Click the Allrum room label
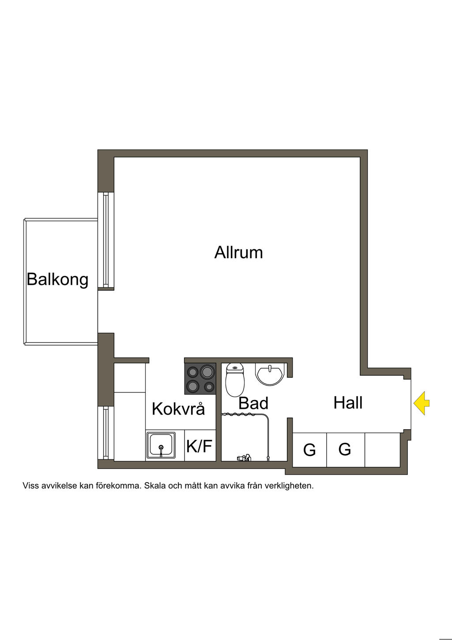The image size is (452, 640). [238, 252]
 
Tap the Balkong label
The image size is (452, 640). [57, 279]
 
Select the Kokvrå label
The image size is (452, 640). [178, 409]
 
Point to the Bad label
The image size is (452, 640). [253, 403]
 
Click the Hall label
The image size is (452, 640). [348, 403]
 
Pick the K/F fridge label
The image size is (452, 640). [199, 446]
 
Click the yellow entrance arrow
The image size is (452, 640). [422, 403]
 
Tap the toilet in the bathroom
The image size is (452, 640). [235, 380]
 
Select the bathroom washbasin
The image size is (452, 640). [269, 374]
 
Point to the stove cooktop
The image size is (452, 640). [200, 379]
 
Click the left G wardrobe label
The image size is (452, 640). [309, 450]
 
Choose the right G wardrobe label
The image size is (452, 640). [345, 450]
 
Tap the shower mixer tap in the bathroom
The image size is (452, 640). [244, 458]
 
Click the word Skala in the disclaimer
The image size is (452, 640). [155, 486]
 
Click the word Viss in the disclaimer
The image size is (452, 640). [30, 486]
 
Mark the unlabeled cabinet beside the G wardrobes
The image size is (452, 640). [382, 450]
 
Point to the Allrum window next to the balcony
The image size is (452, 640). [105, 240]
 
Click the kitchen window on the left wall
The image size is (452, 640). [105, 433]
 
